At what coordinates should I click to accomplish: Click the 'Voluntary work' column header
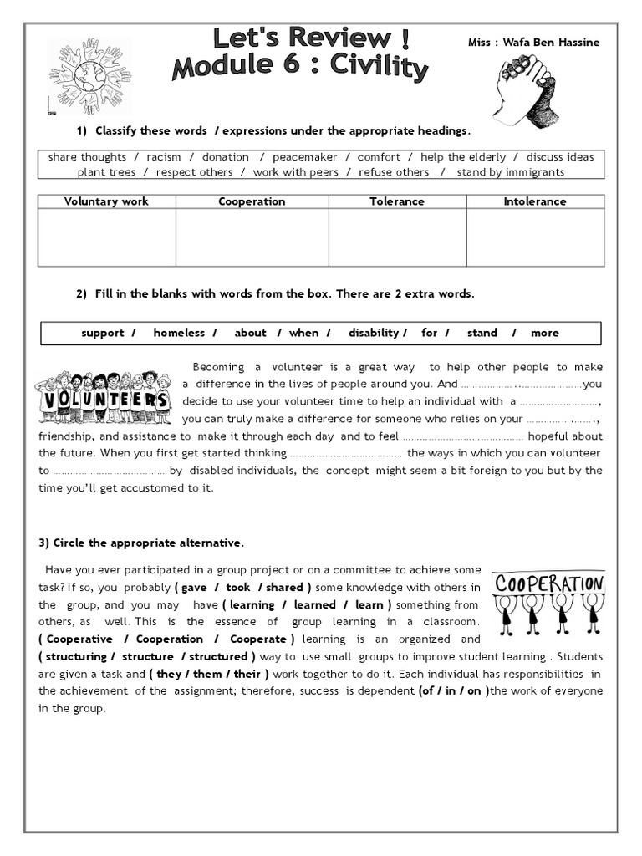click(106, 201)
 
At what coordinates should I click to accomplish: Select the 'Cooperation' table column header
click(252, 201)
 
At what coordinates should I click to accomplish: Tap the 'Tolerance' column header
click(397, 201)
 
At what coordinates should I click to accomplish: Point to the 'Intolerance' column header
click(535, 201)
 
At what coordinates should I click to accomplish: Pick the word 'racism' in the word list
click(164, 157)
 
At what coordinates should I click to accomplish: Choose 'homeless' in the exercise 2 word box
click(179, 333)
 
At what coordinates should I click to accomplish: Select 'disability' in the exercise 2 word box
click(374, 333)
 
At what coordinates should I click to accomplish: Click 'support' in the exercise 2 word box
click(103, 333)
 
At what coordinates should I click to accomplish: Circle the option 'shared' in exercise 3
click(285, 588)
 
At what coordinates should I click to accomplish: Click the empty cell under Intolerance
click(535, 237)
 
